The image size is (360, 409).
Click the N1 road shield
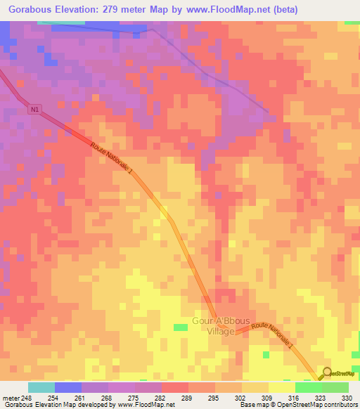35,109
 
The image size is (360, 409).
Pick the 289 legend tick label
188,397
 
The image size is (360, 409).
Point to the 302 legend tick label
240,397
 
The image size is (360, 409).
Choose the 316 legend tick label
294,397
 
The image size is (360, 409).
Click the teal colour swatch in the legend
41,387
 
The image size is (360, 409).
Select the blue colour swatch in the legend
68,387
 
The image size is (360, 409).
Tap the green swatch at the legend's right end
335,387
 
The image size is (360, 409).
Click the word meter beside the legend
10,397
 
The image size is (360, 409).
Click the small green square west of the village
181,327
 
